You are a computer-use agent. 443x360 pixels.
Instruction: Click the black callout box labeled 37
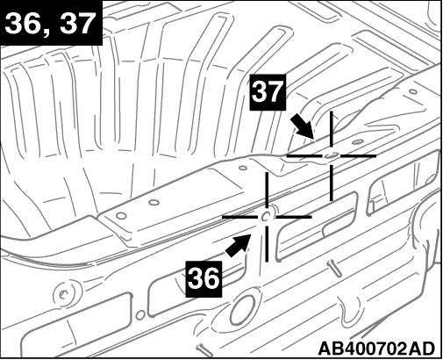point(268,92)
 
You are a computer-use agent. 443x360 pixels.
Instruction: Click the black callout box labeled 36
point(204,279)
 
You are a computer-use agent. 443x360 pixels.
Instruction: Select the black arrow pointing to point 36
point(238,246)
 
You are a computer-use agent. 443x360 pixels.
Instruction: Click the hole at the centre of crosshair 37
point(331,155)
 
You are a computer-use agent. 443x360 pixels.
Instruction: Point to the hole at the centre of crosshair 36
point(267,216)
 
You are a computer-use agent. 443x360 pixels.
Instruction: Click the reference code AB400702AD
point(376,349)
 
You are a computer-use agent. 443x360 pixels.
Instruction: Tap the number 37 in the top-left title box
point(76,24)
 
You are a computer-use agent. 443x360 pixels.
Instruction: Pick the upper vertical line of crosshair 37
point(332,129)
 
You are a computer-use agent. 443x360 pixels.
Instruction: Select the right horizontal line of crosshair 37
point(358,156)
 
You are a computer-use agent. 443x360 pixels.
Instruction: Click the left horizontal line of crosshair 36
point(240,217)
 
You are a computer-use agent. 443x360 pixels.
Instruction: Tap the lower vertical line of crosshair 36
point(267,244)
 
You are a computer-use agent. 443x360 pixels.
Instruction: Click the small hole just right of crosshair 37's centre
point(356,142)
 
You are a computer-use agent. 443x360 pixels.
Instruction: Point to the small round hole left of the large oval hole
point(140,315)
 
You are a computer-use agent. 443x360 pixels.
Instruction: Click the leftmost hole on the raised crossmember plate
point(121,216)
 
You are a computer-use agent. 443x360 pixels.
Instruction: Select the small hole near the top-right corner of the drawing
point(413,92)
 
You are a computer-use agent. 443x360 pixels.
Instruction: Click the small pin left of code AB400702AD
point(203,348)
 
